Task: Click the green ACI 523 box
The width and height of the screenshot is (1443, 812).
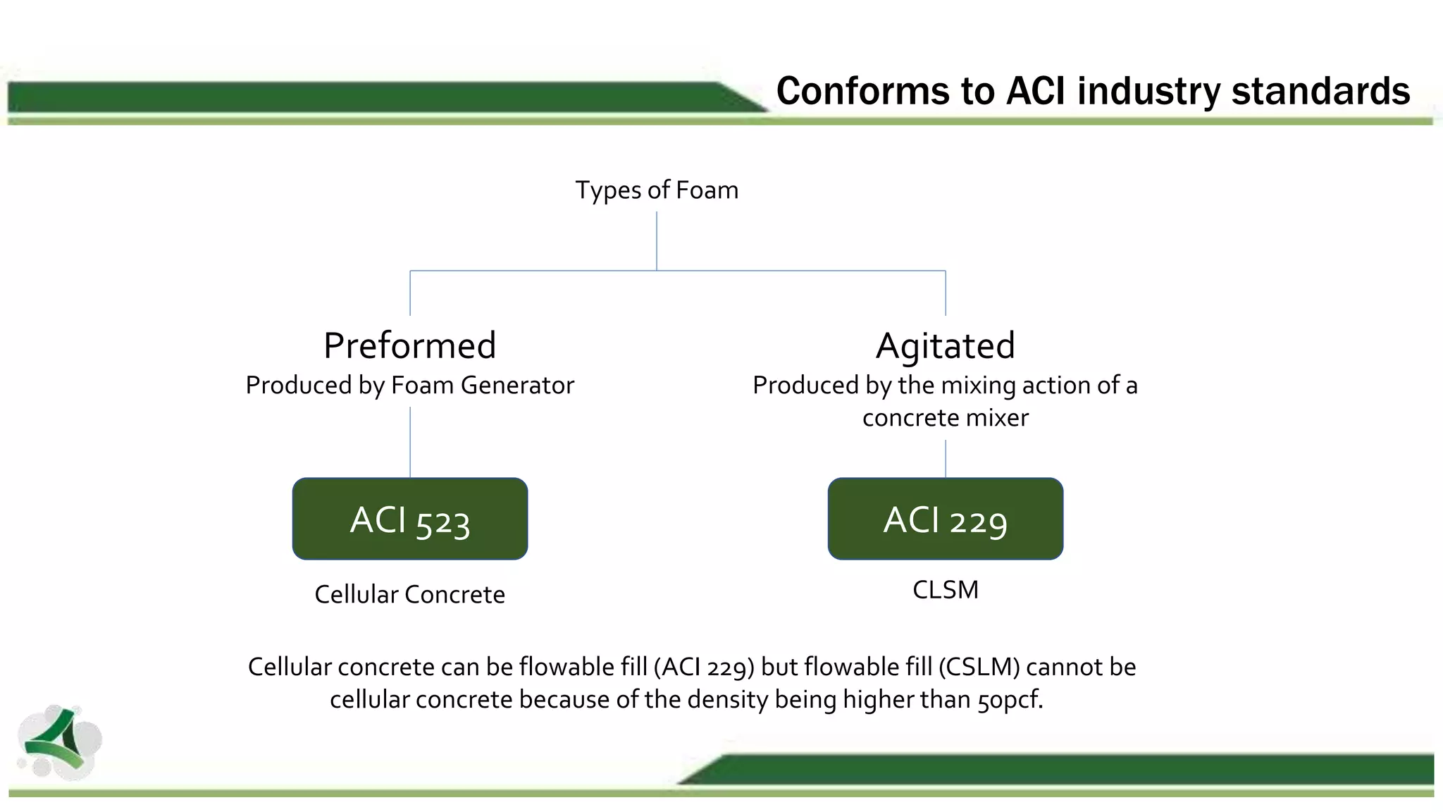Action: tap(410, 519)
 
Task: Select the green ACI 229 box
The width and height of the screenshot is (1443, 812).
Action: tap(945, 519)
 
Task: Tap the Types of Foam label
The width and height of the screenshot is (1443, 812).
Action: tap(657, 190)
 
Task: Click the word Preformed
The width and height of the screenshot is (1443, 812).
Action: tap(410, 345)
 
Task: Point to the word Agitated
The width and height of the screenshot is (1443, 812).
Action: tap(945, 345)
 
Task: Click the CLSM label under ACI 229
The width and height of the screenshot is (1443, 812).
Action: tap(945, 590)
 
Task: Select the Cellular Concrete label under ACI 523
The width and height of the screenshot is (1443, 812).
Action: tap(410, 594)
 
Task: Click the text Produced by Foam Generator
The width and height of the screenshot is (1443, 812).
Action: tap(410, 386)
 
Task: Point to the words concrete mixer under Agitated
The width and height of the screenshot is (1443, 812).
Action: tap(945, 418)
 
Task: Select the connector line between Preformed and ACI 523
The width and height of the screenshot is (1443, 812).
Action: tap(410, 441)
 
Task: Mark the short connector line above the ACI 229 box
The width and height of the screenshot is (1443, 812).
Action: tap(946, 458)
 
